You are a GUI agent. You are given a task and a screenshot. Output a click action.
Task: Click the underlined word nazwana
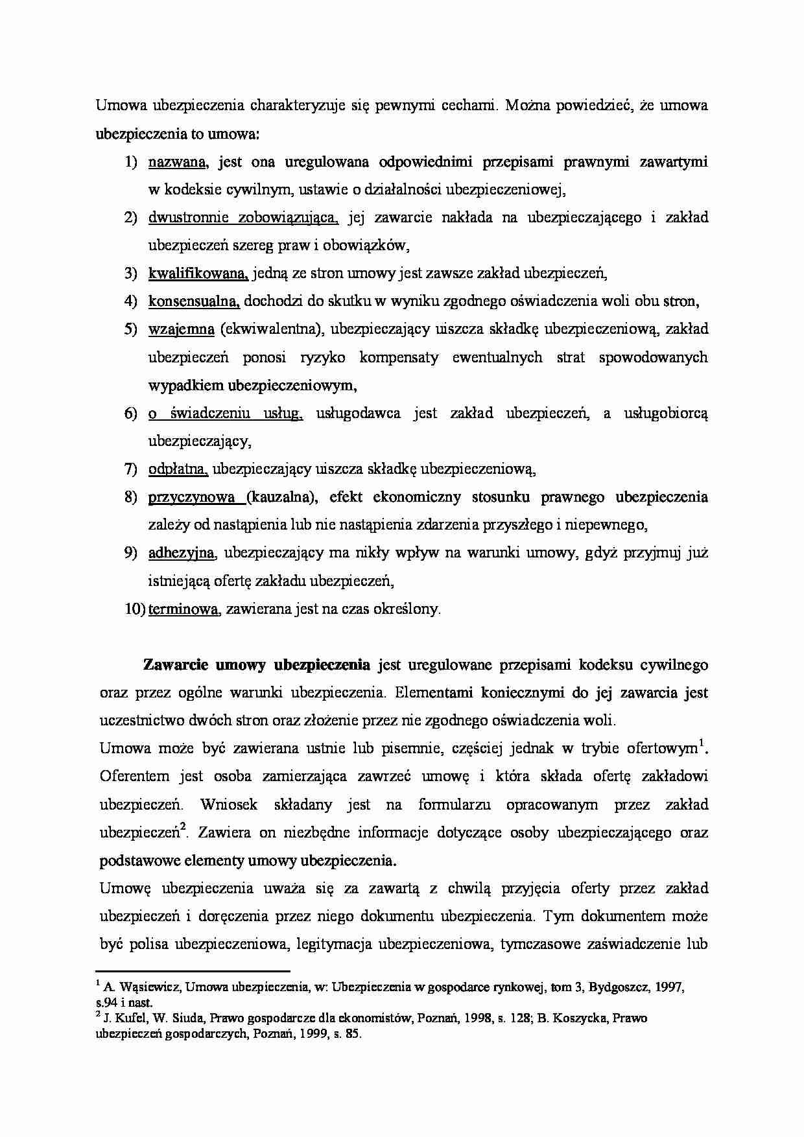pos(177,162)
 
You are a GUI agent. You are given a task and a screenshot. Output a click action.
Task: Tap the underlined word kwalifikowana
pos(198,274)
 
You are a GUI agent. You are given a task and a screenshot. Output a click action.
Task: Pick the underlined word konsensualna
pos(194,301)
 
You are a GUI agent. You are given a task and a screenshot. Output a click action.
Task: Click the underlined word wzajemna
pos(181,329)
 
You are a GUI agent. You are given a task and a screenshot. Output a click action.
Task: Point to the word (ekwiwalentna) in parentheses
pos(272,329)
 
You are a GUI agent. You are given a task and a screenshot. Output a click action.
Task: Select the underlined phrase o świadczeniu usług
pos(225,413)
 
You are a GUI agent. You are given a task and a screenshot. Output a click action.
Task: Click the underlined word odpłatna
pos(177,469)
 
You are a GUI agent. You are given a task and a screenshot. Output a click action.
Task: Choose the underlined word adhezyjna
pos(181,553)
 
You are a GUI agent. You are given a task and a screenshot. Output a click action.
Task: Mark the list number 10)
pos(135,609)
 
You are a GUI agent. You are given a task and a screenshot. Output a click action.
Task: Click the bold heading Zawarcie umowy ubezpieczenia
pos(256,665)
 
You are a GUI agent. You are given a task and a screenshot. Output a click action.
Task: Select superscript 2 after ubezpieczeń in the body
pos(183,826)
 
